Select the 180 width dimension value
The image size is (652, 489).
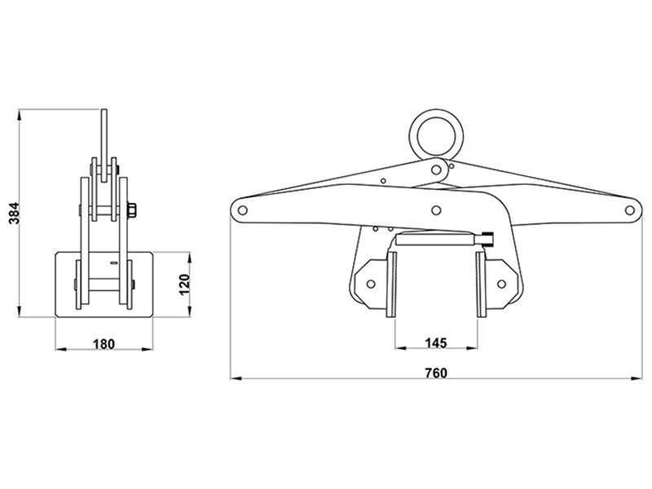(103, 343)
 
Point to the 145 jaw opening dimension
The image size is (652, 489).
(436, 343)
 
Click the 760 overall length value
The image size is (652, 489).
(436, 372)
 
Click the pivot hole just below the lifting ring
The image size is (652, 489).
(439, 170)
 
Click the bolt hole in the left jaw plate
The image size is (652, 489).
(372, 284)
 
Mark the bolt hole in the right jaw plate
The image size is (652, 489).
(501, 284)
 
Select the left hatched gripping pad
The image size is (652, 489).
(393, 284)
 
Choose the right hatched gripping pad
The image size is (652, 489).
(480, 284)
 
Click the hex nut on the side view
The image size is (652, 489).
(131, 211)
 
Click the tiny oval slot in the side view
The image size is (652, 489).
(112, 264)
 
